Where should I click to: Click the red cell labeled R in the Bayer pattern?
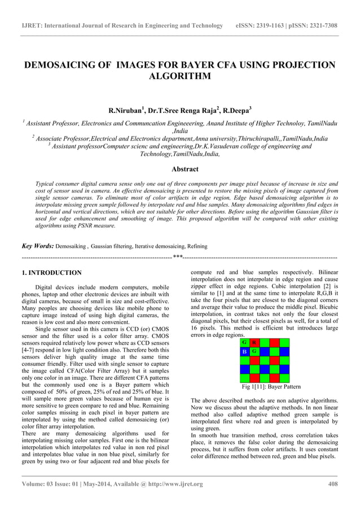[254, 343]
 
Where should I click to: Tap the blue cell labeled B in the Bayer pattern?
[244, 352]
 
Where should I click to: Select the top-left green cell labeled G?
[244, 343]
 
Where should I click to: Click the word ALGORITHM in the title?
[179, 76]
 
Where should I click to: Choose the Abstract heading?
[179, 169]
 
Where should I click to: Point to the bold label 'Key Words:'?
[37, 246]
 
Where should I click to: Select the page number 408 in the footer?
[332, 484]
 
